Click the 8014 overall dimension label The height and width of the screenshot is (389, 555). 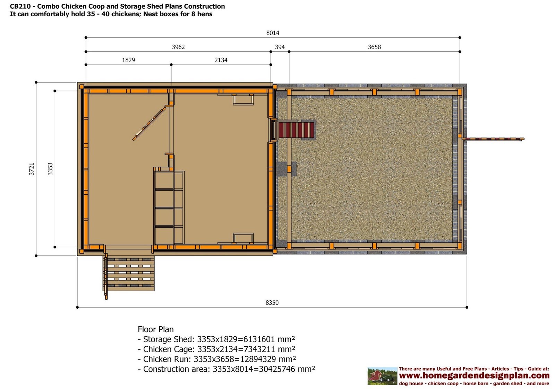click(x=273, y=33)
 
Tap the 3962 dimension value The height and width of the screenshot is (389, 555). click(x=178, y=47)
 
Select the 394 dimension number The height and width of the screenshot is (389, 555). click(x=280, y=47)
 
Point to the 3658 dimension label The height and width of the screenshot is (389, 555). click(x=374, y=47)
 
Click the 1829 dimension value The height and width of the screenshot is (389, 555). click(x=128, y=60)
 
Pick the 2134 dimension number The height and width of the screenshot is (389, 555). click(x=221, y=60)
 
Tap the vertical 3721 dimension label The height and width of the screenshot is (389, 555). click(x=32, y=169)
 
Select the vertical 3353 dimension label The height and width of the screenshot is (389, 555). click(x=50, y=169)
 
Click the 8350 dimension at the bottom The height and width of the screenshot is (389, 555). click(x=272, y=303)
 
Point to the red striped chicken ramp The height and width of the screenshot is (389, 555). click(x=296, y=130)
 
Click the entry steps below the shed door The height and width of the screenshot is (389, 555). click(x=129, y=273)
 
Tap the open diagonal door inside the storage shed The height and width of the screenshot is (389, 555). click(x=150, y=123)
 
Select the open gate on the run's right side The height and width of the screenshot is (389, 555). click(x=493, y=139)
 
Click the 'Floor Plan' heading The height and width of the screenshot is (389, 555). click(x=156, y=329)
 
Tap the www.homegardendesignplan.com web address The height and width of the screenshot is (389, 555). click(x=474, y=376)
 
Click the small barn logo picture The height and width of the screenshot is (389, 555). click(x=382, y=376)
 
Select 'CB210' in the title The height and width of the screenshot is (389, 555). click(x=20, y=7)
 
